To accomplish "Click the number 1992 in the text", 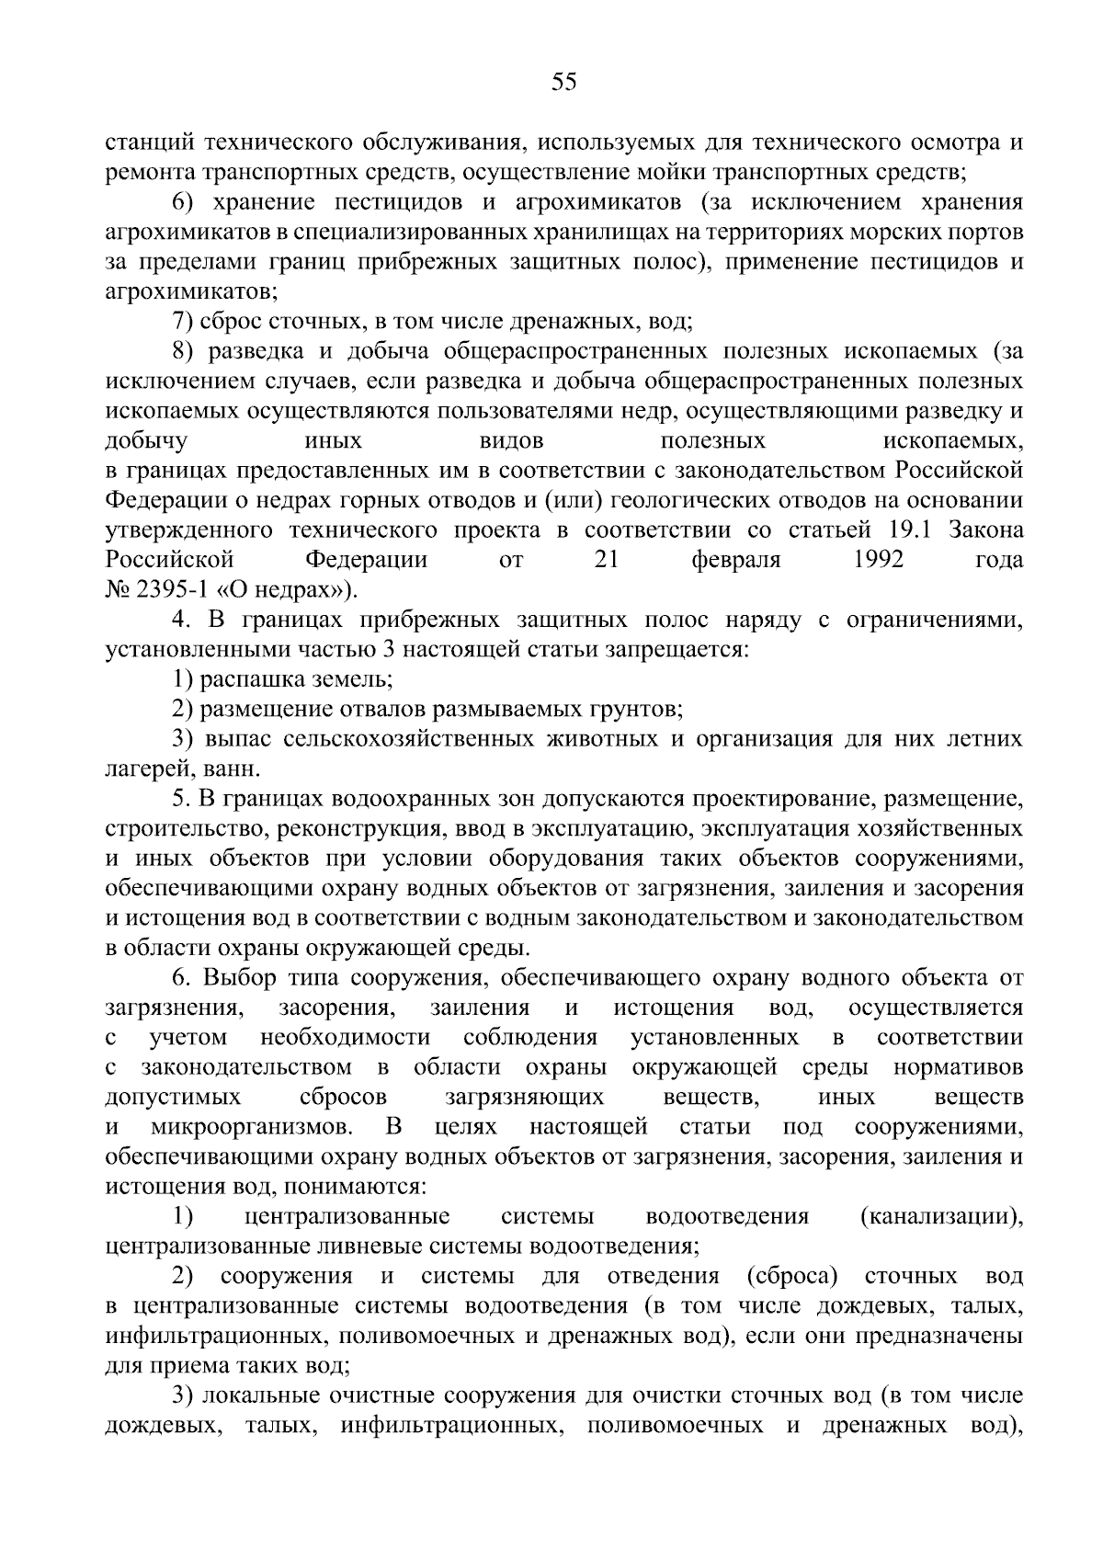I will (x=878, y=560).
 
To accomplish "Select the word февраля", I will (x=736, y=560).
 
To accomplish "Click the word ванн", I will (x=238, y=769).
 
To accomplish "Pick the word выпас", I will (x=233, y=739).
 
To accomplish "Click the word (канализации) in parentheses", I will (x=941, y=1216).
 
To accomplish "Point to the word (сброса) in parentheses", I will (x=793, y=1276).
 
